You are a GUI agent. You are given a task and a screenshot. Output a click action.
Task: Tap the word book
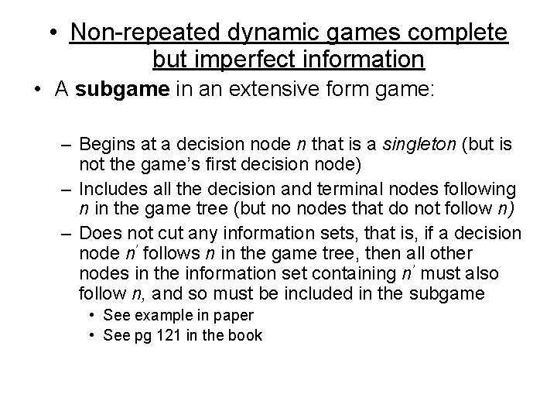246,335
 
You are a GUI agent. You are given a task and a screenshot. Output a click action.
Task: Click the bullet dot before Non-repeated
51,33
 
